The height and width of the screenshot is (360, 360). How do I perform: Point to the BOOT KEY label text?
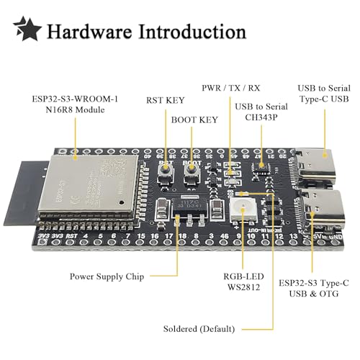click(x=194, y=120)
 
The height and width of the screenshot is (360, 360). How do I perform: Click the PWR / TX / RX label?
click(x=232, y=88)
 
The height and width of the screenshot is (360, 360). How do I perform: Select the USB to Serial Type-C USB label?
click(x=325, y=94)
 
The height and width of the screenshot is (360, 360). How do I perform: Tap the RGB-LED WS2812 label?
click(x=240, y=282)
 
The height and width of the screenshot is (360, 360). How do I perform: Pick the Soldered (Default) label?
click(x=198, y=329)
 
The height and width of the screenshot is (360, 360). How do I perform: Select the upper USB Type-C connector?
click(x=318, y=166)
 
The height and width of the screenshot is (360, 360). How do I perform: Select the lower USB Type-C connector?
click(x=318, y=209)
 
